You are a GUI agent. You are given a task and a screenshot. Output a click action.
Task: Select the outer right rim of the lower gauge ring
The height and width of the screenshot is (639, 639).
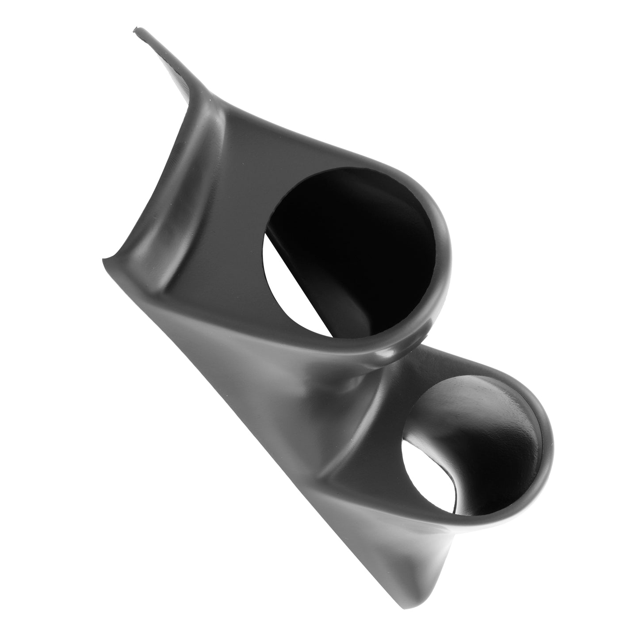pos(551,447)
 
